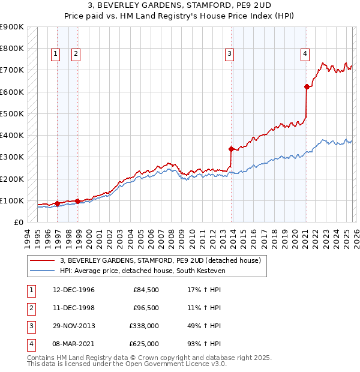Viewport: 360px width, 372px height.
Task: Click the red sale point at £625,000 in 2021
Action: click(x=307, y=86)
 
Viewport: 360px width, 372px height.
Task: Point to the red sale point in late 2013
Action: click(x=231, y=149)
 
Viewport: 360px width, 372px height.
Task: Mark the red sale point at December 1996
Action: click(x=57, y=204)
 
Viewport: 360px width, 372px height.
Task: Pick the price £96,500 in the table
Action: click(x=146, y=308)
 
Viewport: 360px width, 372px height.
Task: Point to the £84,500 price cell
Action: click(x=146, y=290)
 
